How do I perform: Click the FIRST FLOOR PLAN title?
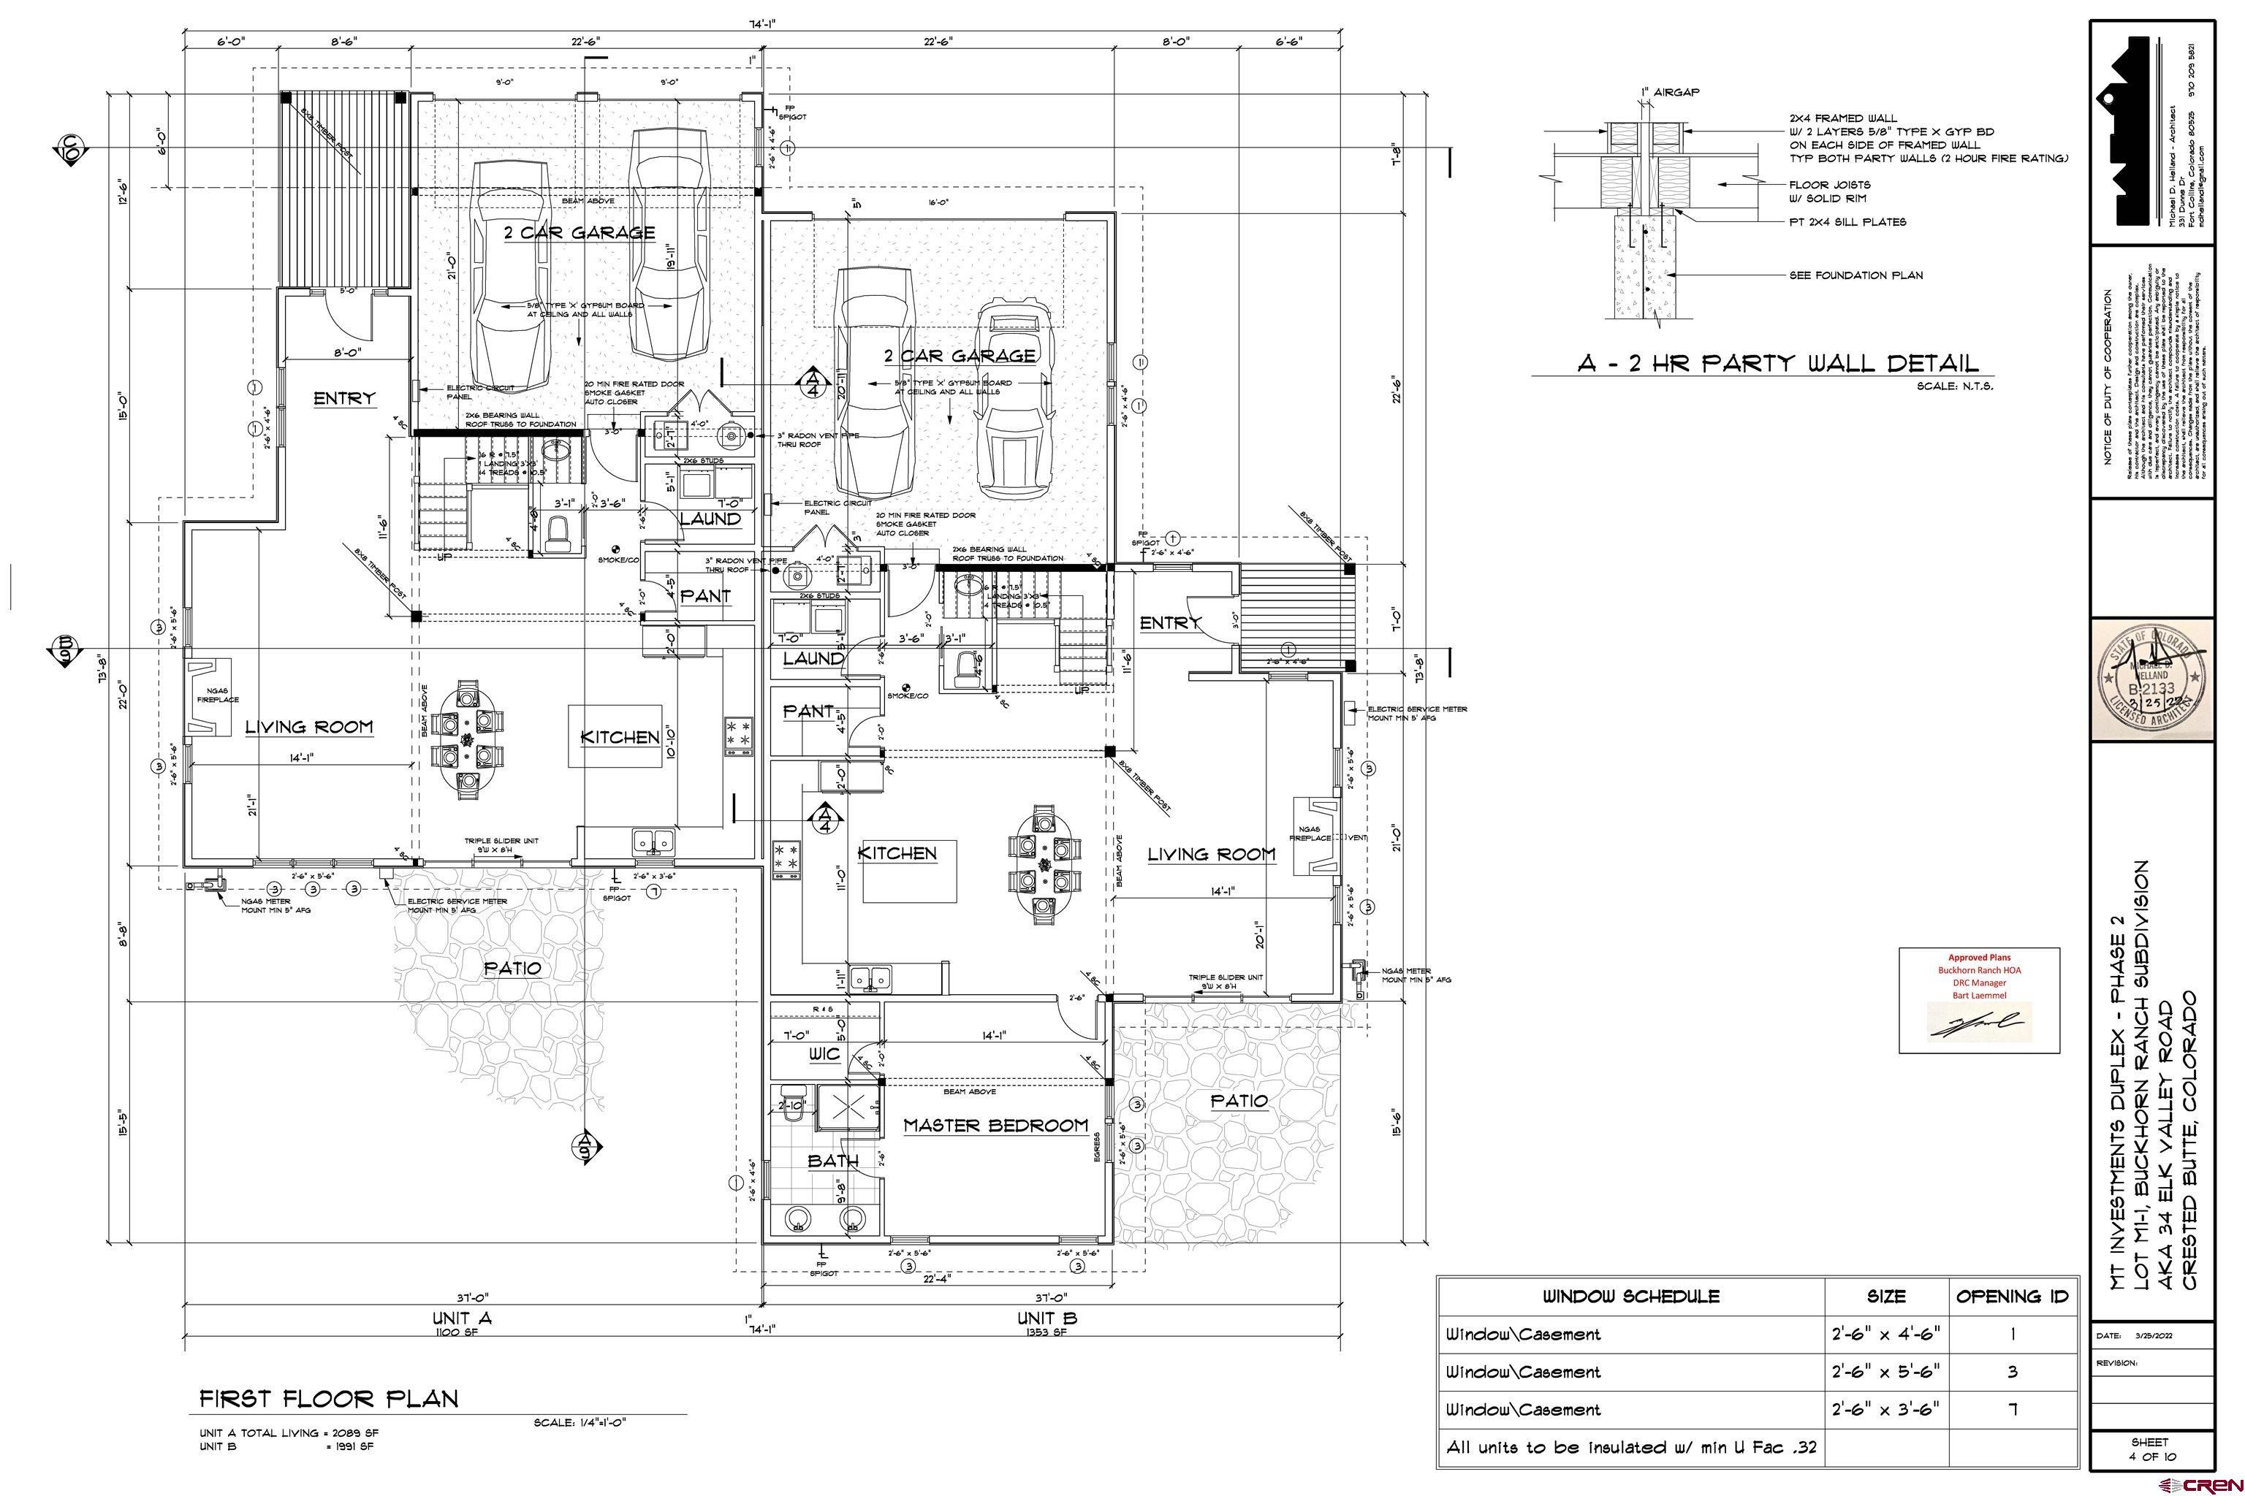coord(328,1399)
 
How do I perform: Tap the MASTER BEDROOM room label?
coord(995,1126)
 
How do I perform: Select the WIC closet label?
coord(824,1054)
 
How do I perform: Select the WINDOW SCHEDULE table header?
coord(1631,1297)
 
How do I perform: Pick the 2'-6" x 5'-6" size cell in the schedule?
coord(1885,1372)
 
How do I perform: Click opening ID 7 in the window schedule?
coord(2012,1409)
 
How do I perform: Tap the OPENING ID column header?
coord(2012,1297)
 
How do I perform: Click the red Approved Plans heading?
coord(1979,957)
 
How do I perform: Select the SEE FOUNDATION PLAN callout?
coord(1855,275)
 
